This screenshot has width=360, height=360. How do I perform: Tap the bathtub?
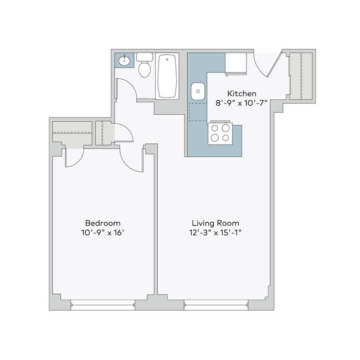[x=167, y=76]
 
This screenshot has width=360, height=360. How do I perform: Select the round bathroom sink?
[x=123, y=60]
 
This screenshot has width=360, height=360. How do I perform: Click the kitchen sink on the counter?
[x=197, y=91]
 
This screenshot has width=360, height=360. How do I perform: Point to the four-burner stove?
[x=219, y=133]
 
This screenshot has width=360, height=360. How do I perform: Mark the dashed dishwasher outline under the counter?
[x=197, y=112]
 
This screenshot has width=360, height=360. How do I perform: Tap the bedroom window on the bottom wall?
[x=103, y=304]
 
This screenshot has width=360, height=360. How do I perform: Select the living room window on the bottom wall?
[x=216, y=304]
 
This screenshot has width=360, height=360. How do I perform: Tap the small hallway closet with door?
[x=104, y=133]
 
